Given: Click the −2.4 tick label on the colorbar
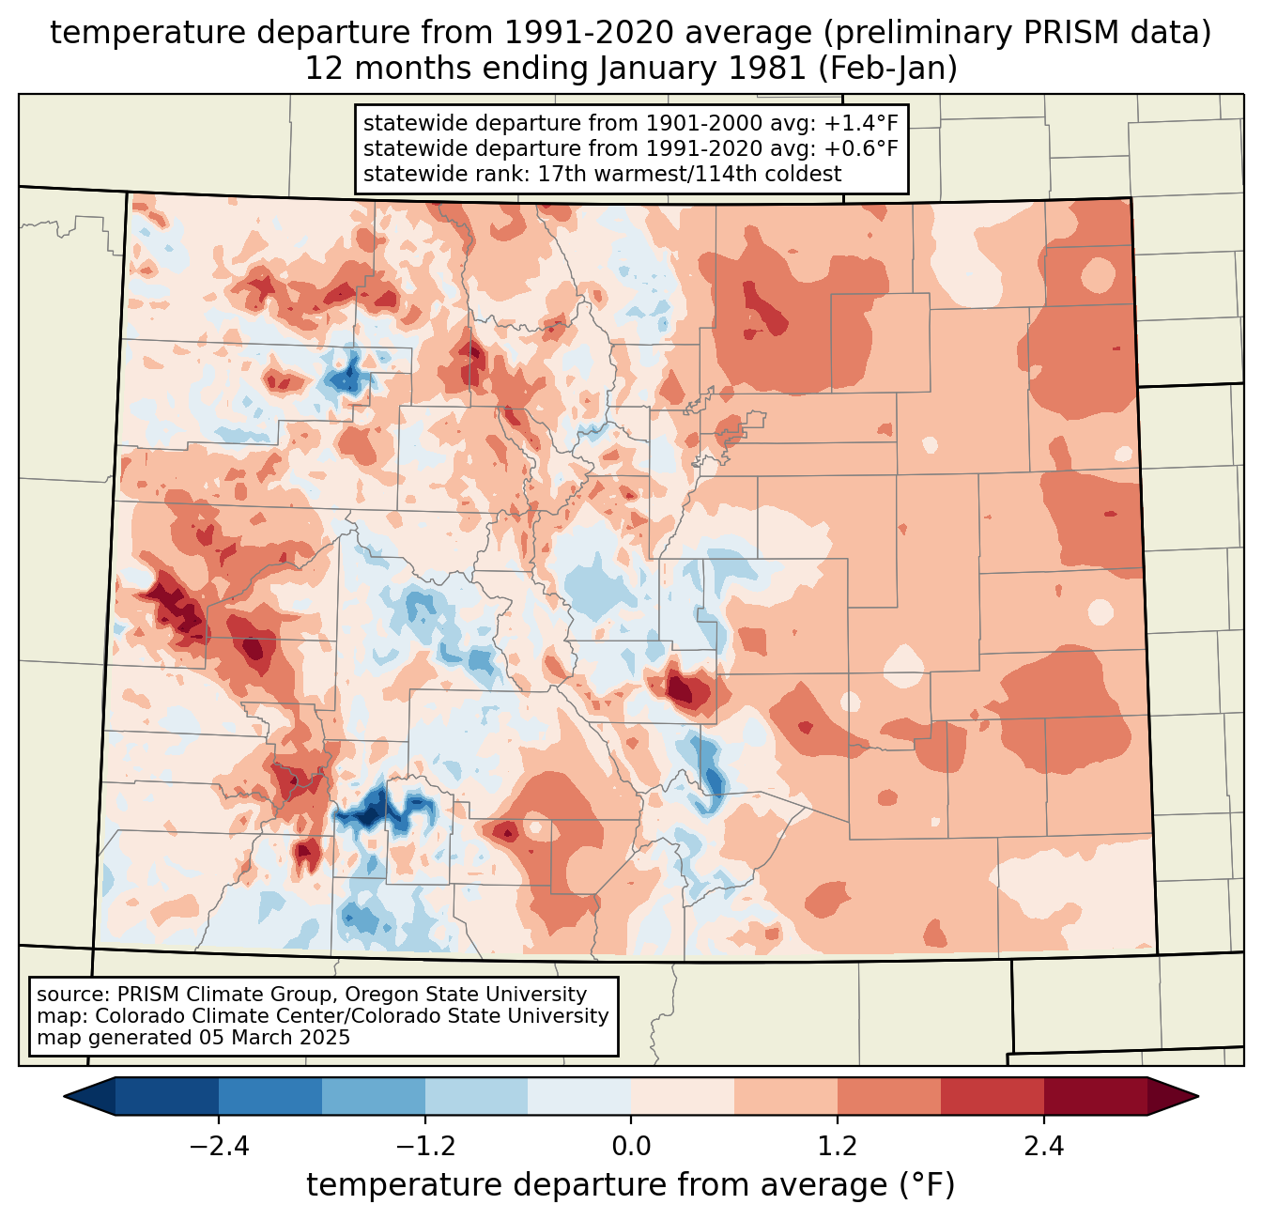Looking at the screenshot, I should (x=219, y=1147).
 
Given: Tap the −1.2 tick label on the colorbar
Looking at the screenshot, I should (x=424, y=1147).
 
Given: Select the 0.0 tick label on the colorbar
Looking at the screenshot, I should (x=631, y=1147).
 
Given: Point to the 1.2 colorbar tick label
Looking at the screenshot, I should (x=838, y=1147).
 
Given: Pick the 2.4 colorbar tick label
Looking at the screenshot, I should (x=1043, y=1147).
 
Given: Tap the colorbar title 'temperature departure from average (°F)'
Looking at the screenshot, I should (x=631, y=1185).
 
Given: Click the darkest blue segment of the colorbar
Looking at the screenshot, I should (x=167, y=1096).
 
